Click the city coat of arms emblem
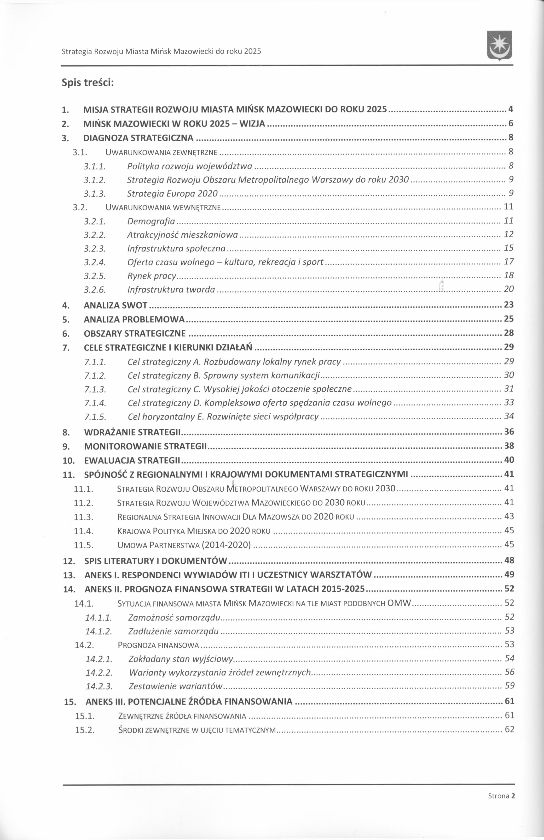[x=499, y=46]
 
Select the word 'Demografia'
[x=151, y=221]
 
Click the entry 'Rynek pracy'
[x=152, y=276]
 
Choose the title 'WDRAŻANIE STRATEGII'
[x=133, y=432]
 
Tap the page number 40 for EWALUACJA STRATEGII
[x=509, y=460]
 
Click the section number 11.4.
[x=84, y=531]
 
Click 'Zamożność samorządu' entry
[x=174, y=617]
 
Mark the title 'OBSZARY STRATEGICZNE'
[x=135, y=334]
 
